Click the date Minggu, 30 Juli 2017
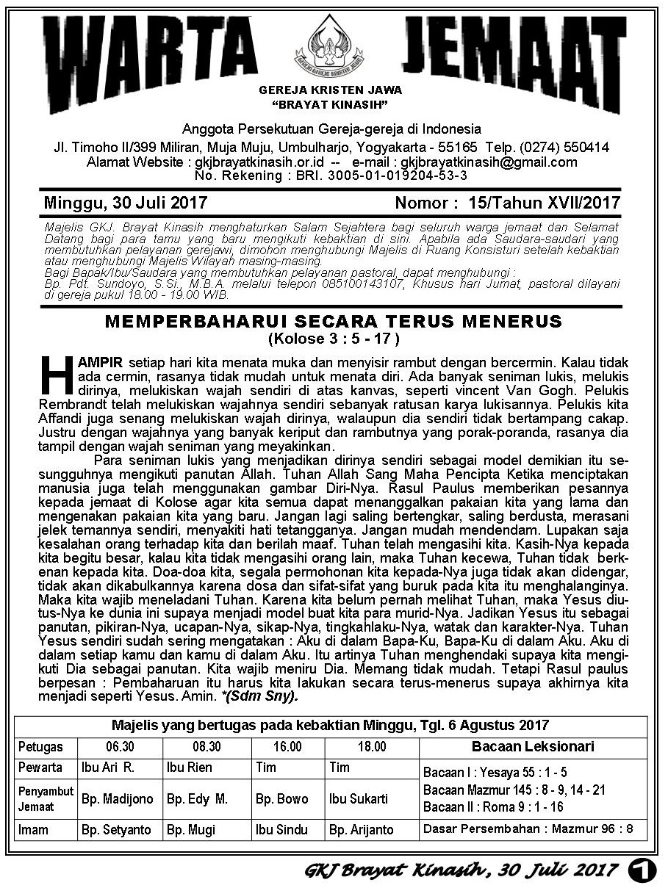126,202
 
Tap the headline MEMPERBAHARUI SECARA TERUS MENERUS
333,322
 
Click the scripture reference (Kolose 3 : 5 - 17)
333,339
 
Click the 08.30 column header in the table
206,747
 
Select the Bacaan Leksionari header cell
533,747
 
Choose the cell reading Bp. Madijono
118,798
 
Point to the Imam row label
35,830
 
